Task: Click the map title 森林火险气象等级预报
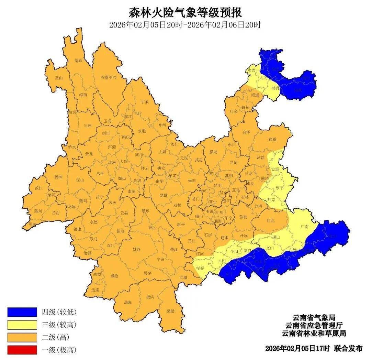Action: pos(185,13)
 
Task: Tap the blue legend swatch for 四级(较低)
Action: pos(22,312)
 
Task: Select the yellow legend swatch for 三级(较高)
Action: pos(22,325)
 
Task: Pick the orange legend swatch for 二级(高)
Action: pos(22,337)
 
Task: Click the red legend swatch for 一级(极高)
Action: pos(22,350)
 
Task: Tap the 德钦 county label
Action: pos(79,61)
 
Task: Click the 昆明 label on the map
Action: pos(217,185)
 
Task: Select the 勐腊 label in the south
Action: pos(170,311)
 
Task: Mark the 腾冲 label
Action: pos(58,177)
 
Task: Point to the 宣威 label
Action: pos(272,139)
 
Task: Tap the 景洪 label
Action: pos(150,297)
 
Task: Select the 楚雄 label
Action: pos(164,195)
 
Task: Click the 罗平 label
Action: pos(280,188)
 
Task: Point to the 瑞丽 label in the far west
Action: pos(32,224)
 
